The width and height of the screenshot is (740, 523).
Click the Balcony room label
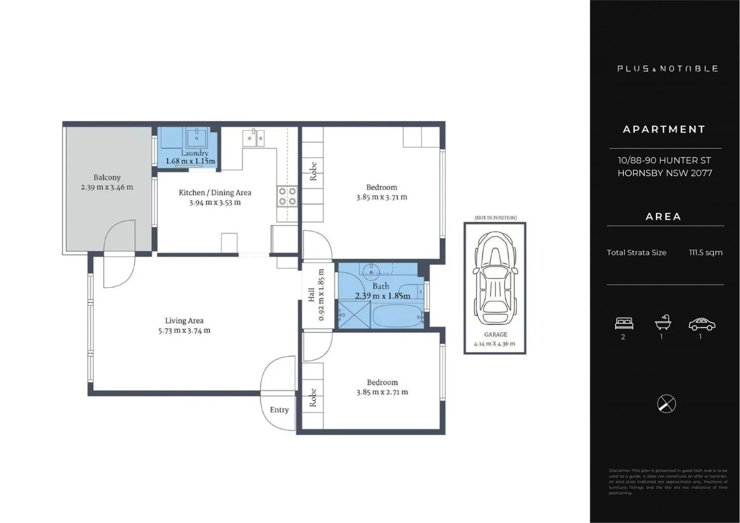pos(107,178)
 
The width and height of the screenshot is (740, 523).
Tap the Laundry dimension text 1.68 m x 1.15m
pos(190,161)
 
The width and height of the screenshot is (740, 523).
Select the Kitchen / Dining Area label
pos(215,193)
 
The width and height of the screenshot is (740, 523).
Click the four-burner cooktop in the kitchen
pos(287,196)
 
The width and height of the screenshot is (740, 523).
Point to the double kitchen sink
pos(254,138)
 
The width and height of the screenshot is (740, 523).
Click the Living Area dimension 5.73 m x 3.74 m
pos(184,331)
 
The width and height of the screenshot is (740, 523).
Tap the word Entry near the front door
pos(279,410)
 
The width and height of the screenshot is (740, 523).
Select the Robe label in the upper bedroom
pos(313,171)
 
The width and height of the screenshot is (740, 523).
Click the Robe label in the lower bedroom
pos(313,397)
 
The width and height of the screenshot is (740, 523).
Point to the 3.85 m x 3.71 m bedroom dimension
pos(382,197)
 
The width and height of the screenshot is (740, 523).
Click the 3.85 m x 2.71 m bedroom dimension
pos(382,392)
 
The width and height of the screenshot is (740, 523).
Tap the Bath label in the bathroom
pos(381,286)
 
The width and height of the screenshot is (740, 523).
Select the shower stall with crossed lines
pos(355,315)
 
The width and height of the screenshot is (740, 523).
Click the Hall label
pos(311,294)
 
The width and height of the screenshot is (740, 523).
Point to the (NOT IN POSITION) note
pos(495,218)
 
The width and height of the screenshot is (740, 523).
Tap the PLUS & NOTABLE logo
pos(667,69)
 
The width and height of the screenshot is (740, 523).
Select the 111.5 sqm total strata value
pos(706,252)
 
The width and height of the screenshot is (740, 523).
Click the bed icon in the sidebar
pos(624,323)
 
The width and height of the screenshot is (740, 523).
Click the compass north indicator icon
pos(666,404)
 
